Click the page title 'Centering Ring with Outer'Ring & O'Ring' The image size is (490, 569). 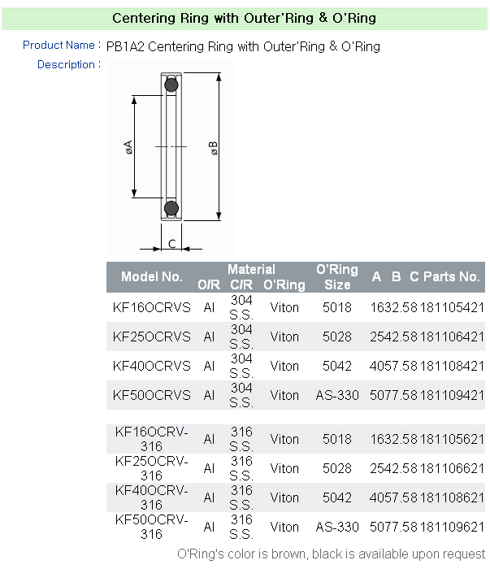pyautogui.click(x=244, y=18)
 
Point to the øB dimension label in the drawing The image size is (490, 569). pyautogui.click(x=214, y=148)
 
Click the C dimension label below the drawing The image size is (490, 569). pyautogui.click(x=171, y=243)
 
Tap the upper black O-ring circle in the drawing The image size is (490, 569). pyautogui.click(x=171, y=85)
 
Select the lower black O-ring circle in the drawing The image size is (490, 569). pyautogui.click(x=171, y=209)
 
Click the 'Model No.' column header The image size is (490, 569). pyautogui.click(x=152, y=276)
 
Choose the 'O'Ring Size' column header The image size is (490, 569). pyautogui.click(x=337, y=276)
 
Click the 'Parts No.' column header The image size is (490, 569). pyautogui.click(x=452, y=276)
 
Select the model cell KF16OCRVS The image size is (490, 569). pyautogui.click(x=152, y=307)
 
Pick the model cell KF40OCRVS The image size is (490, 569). pyautogui.click(x=152, y=366)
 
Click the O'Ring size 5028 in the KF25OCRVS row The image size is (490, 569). pyautogui.click(x=337, y=337)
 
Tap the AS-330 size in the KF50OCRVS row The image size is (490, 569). pyautogui.click(x=337, y=395)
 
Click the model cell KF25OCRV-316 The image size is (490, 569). pyautogui.click(x=152, y=468)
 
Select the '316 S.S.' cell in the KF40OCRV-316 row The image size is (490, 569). pyautogui.click(x=241, y=497)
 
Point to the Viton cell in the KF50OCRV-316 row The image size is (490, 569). pyautogui.click(x=284, y=527)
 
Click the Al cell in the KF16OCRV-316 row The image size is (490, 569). pyautogui.click(x=209, y=439)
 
